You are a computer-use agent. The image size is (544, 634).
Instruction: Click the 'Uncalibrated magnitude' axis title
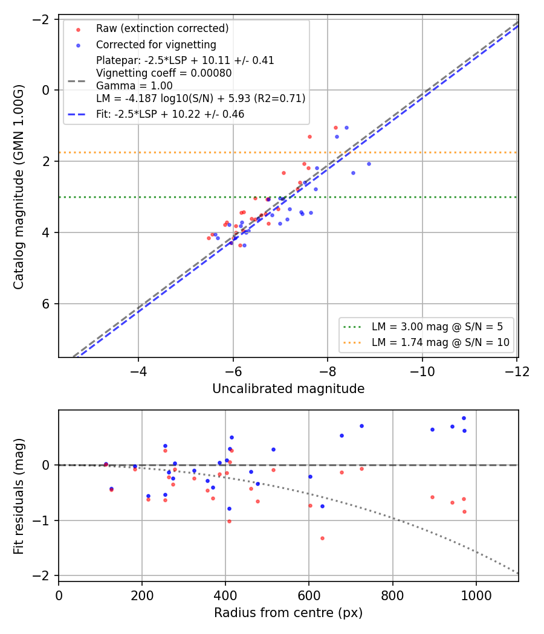tap(288, 389)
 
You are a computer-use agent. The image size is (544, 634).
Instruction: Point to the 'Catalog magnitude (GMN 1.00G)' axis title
tap(18, 187)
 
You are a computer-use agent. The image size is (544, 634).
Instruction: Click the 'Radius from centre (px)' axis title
tap(288, 613)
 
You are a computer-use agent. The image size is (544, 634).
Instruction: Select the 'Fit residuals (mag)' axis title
tap(18, 496)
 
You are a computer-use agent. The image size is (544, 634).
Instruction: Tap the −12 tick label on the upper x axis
tap(517, 371)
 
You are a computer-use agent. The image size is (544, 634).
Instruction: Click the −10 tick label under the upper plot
tap(422, 371)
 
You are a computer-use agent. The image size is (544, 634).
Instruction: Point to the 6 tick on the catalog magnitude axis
tap(46, 304)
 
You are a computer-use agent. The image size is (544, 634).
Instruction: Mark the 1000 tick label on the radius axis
tap(476, 595)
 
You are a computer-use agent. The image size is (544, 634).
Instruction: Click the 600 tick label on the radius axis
tap(309, 595)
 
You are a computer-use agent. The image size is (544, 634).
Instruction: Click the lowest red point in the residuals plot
tap(322, 538)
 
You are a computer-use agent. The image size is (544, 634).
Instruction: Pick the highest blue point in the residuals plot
tap(464, 418)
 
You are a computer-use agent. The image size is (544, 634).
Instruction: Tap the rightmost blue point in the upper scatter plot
tap(369, 164)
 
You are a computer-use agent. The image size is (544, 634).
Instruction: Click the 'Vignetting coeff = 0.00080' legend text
tap(164, 73)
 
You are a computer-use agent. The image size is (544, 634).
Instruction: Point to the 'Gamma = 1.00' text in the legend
tap(134, 86)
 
